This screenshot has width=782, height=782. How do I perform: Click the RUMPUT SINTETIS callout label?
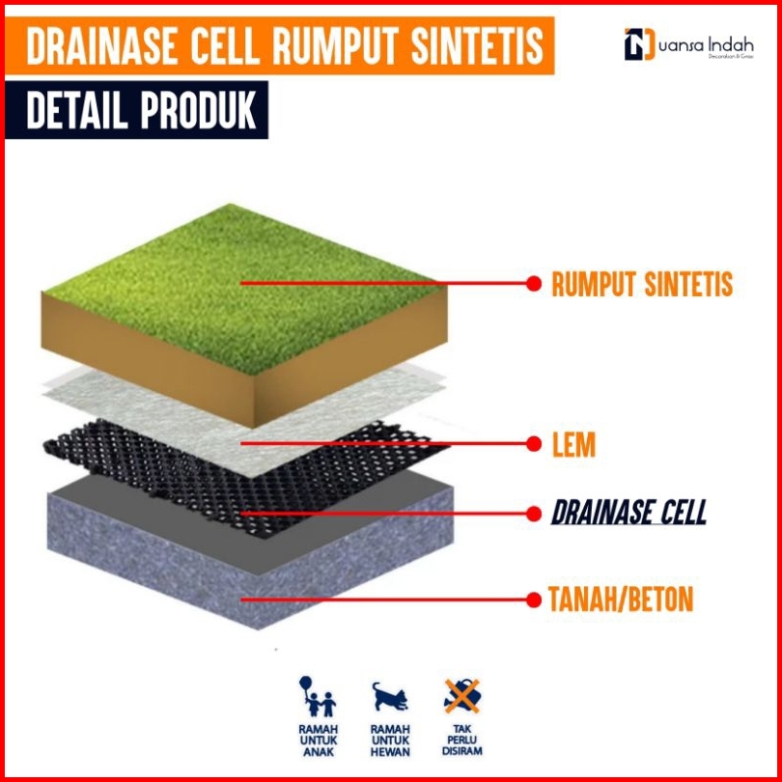click(642, 284)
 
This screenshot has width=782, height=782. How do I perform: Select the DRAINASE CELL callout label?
click(628, 512)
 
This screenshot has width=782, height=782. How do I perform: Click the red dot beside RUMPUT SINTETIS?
click(532, 284)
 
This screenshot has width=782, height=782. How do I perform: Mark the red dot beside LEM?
click(532, 444)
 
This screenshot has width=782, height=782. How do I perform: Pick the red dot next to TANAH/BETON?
click(532, 600)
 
